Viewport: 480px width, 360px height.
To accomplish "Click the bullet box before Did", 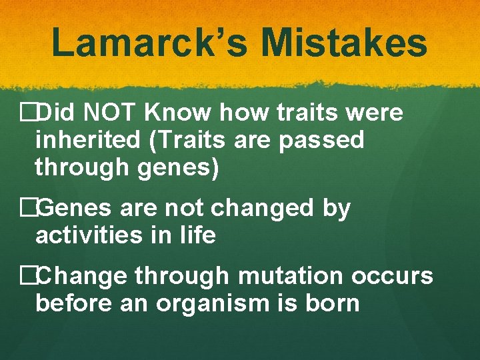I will coord(28,113).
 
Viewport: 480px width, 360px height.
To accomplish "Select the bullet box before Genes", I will coord(28,209).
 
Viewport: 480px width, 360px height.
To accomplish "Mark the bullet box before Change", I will coord(28,275).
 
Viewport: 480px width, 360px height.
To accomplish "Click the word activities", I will coord(87,235).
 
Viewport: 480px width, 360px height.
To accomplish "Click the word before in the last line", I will coord(75,303).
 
